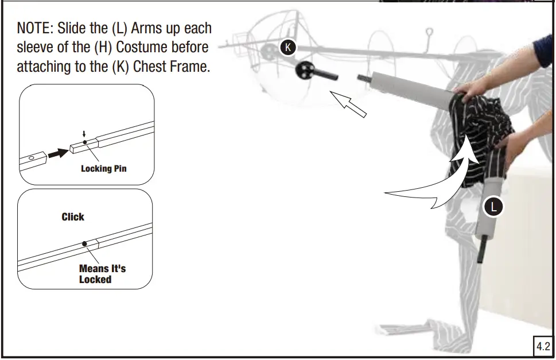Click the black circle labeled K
[287, 48]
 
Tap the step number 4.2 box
[542, 346]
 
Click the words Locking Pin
[103, 169]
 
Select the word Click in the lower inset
[73, 217]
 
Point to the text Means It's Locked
[102, 274]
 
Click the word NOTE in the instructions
[34, 29]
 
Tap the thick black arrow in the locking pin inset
[58, 153]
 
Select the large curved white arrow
[436, 184]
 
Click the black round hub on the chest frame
[306, 71]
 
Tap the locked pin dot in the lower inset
[84, 243]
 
